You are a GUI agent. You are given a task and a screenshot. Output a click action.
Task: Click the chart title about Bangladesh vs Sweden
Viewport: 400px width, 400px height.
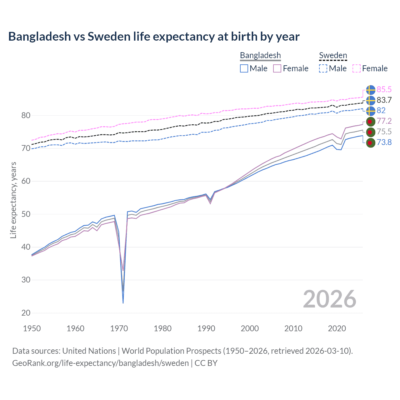click(x=154, y=37)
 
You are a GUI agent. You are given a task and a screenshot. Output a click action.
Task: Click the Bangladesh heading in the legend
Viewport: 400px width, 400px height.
click(x=260, y=55)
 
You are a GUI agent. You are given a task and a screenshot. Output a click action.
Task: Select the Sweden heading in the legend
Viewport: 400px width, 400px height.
click(x=333, y=55)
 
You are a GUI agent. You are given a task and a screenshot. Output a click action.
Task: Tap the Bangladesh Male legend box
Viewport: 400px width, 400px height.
click(x=244, y=68)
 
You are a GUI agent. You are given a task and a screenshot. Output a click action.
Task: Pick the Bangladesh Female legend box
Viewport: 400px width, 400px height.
click(x=277, y=68)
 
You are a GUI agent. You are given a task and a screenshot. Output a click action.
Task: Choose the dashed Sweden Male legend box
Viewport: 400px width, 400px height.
click(x=323, y=68)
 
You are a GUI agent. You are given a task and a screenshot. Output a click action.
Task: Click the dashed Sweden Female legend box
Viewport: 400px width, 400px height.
click(x=357, y=68)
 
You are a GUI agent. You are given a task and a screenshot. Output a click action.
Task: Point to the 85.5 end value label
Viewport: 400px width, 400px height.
click(x=384, y=90)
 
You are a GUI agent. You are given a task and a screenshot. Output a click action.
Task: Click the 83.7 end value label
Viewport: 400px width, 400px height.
click(x=384, y=100)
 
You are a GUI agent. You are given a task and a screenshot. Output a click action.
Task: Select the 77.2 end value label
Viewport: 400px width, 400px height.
click(x=384, y=121)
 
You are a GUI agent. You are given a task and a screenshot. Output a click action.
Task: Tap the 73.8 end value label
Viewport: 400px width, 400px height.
click(x=384, y=142)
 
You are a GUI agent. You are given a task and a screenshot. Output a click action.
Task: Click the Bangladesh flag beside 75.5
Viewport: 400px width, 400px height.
click(x=370, y=132)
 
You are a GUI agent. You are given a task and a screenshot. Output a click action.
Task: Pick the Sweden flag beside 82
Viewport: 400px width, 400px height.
click(x=370, y=111)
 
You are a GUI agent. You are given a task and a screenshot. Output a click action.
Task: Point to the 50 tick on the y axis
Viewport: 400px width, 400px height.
click(x=26, y=214)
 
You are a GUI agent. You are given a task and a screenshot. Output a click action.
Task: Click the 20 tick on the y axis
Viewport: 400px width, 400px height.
click(x=26, y=313)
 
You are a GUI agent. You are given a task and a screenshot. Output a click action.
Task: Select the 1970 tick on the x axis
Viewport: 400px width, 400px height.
click(x=119, y=328)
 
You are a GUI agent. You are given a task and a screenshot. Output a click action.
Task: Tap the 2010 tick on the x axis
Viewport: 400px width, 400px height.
click(x=293, y=328)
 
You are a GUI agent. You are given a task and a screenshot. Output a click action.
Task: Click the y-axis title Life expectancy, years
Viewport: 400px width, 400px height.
click(x=13, y=200)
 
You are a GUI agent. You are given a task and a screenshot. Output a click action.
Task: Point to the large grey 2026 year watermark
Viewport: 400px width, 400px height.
click(x=329, y=299)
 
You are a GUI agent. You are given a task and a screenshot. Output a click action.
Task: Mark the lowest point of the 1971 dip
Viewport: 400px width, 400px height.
click(x=123, y=303)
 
